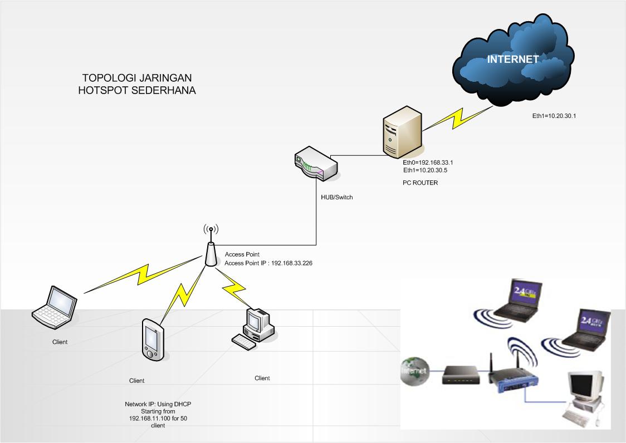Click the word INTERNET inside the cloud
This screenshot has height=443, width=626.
512,59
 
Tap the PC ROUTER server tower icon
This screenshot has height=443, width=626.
402,134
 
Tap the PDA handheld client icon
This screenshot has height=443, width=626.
151,339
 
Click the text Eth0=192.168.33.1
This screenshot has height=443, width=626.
428,163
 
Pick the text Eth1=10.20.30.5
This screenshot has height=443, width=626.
425,170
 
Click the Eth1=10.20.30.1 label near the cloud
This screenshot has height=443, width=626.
557,116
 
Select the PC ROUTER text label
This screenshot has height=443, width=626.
420,183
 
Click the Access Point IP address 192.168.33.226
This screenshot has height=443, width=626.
291,263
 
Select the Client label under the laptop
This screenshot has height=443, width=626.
60,342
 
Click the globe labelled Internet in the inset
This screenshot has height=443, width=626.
414,370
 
